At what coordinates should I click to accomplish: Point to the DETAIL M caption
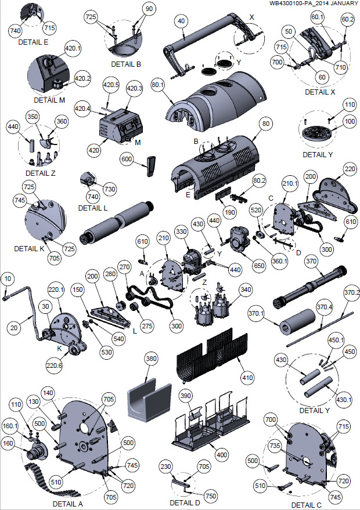tap(49, 100)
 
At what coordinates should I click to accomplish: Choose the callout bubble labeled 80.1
tap(157, 84)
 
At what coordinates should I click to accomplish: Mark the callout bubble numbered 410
tap(247, 378)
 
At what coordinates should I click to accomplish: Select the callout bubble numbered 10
tap(7, 280)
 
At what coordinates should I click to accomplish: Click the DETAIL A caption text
tap(67, 504)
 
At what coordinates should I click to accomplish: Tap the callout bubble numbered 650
tap(259, 265)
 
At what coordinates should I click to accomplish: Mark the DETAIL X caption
tap(320, 92)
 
